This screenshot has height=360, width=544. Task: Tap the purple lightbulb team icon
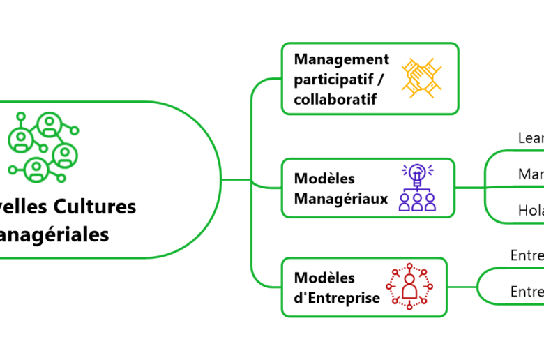tap(417, 188)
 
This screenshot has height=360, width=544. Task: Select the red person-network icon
tap(409, 286)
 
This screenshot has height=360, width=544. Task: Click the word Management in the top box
tap(341, 59)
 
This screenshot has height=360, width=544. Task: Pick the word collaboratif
tap(335, 99)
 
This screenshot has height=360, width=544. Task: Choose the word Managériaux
tap(341, 199)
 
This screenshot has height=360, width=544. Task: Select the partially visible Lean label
tap(531, 138)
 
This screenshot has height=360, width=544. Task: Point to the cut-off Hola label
tap(531, 210)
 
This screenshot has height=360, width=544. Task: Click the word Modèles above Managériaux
tap(324, 179)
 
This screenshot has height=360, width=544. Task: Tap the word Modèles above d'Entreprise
tap(324, 278)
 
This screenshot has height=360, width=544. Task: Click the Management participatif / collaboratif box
tap(370, 78)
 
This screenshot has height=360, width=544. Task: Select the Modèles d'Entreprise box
tap(363, 287)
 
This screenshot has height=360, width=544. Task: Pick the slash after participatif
tap(382, 80)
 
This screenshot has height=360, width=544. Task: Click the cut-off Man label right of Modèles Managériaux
tap(531, 174)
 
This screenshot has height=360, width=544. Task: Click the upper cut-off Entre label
tap(527, 255)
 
